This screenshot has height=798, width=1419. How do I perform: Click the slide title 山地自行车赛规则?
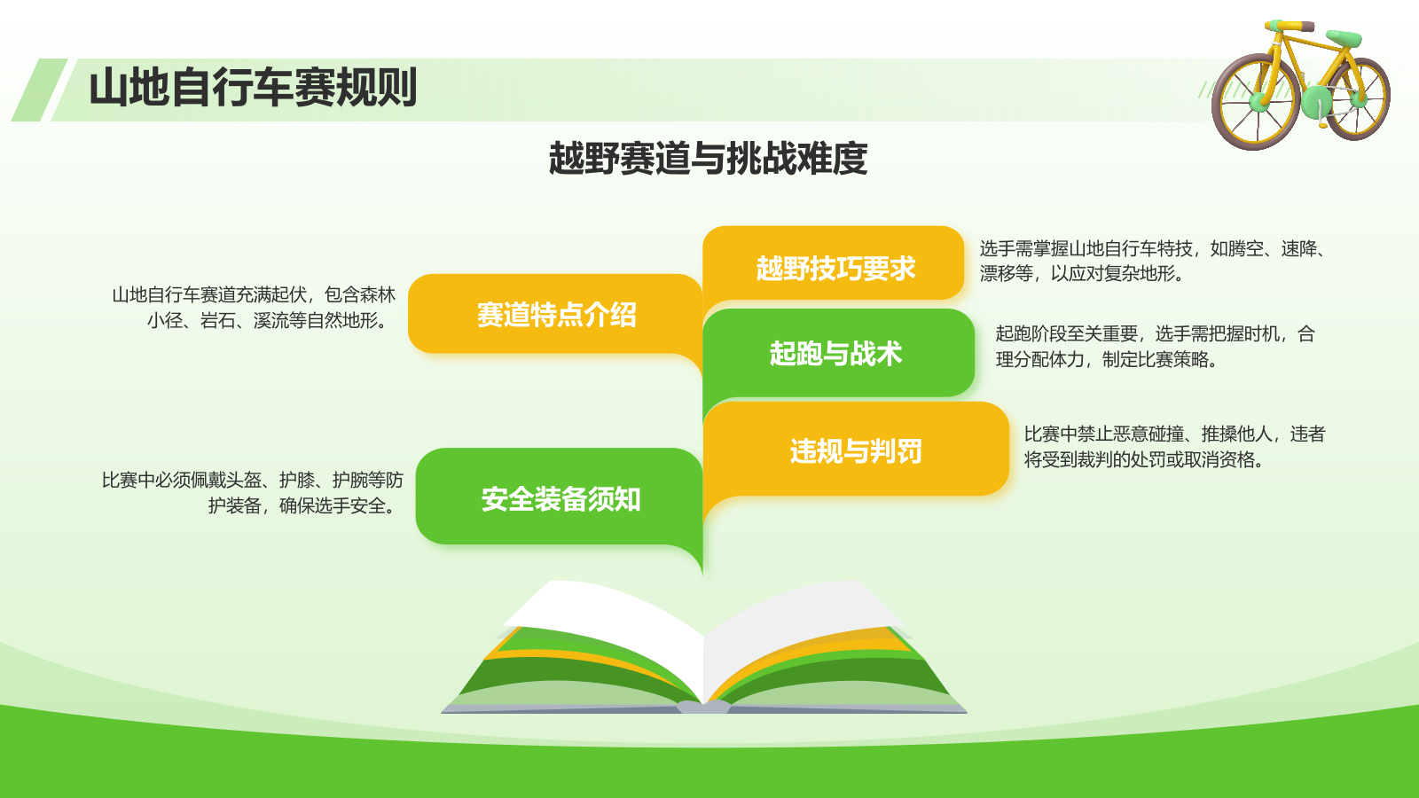[x=253, y=88]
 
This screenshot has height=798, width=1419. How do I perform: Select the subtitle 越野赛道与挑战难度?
[x=708, y=159]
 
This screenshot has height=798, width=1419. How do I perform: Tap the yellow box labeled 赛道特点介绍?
[x=555, y=314]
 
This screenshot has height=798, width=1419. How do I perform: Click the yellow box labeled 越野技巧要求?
[x=834, y=267]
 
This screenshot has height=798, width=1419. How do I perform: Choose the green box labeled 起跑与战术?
[x=835, y=353]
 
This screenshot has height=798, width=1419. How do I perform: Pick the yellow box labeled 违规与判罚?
[x=855, y=450]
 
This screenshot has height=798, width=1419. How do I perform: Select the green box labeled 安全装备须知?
[x=560, y=498]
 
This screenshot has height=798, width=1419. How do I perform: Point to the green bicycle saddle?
[x=1345, y=37]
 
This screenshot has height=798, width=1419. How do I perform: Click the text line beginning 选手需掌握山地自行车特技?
[x=1152, y=248]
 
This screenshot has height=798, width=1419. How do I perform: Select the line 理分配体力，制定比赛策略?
[x=1107, y=359]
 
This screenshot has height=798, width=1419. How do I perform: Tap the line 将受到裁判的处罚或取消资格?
[x=1144, y=459]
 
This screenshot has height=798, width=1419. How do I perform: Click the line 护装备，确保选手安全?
[x=302, y=505]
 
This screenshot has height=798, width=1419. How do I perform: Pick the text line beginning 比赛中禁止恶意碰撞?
[x=1174, y=434]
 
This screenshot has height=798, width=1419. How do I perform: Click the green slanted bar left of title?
[x=38, y=90]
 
